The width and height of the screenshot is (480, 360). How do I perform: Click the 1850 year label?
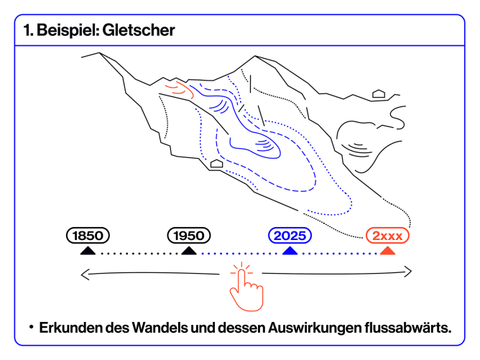88,235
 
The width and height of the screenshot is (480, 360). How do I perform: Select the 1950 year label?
189,235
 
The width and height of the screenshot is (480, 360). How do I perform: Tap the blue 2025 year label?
290,235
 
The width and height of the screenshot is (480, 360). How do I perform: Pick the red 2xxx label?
387,235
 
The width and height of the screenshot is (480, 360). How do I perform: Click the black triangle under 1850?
88,250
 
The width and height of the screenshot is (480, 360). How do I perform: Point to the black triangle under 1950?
189,250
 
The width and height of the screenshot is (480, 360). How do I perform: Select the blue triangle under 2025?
290,250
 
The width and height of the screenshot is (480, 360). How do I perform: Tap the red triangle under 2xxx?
387,250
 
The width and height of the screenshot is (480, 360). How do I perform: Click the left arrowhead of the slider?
84,273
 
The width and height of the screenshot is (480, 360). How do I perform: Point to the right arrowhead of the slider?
409,272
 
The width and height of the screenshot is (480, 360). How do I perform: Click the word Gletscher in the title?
138,31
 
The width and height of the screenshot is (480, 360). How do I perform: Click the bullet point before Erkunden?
32,327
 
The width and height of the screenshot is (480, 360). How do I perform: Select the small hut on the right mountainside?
378,94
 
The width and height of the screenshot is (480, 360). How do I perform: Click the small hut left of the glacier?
216,165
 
